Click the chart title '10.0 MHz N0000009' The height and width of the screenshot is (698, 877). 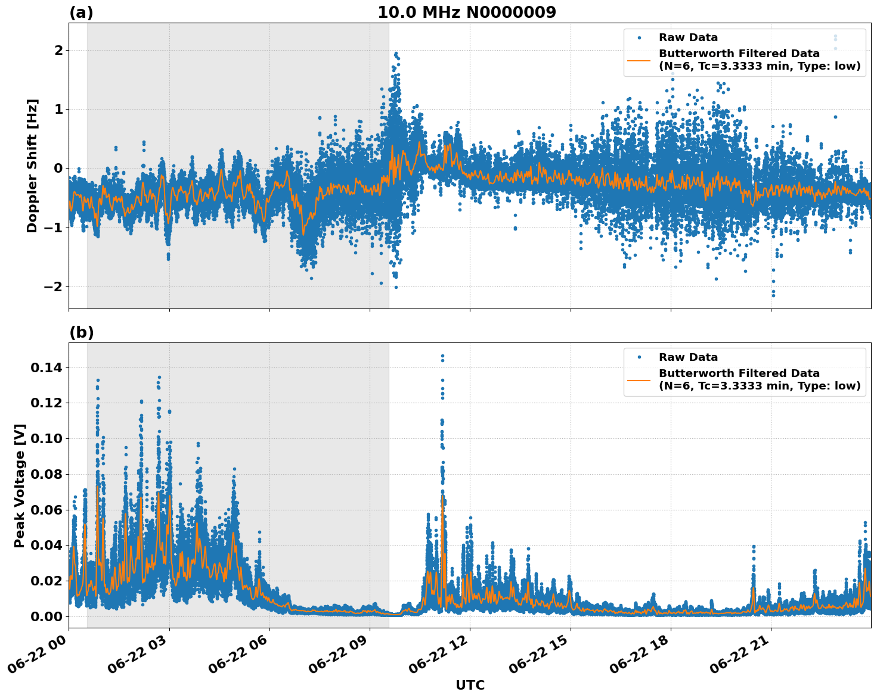tap(466, 13)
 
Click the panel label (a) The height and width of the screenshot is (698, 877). tap(81, 13)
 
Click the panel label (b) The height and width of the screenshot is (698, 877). tap(81, 332)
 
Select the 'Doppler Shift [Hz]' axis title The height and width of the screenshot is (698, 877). tap(32, 166)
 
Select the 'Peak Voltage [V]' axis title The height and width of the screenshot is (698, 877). tap(20, 485)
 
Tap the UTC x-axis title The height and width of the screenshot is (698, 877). tap(470, 685)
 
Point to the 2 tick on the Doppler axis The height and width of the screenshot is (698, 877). tap(58, 50)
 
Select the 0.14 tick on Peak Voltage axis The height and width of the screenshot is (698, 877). tap(46, 368)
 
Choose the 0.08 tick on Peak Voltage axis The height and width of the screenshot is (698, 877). tap(46, 475)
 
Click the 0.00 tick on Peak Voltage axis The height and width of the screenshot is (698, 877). tap(46, 616)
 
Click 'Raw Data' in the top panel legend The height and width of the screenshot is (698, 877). tap(688, 38)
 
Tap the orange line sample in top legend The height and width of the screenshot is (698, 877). tap(639, 60)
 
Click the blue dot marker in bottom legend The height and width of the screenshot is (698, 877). tap(639, 357)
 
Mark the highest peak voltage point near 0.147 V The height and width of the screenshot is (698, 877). tap(442, 356)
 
